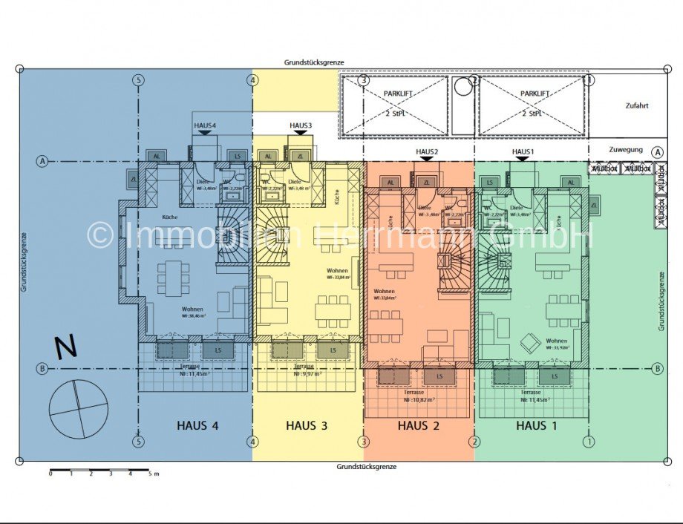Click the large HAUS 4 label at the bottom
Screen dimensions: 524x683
pyautogui.click(x=198, y=425)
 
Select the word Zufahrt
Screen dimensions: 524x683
pyautogui.click(x=637, y=105)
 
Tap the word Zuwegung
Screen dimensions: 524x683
pyautogui.click(x=625, y=149)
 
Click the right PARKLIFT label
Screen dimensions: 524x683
pyautogui.click(x=535, y=94)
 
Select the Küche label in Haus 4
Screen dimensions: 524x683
pyautogui.click(x=171, y=217)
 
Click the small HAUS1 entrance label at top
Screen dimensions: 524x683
pyautogui.click(x=523, y=151)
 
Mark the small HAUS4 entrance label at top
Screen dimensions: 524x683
pyautogui.click(x=205, y=125)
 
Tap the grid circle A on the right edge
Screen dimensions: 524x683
pyautogui.click(x=657, y=151)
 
